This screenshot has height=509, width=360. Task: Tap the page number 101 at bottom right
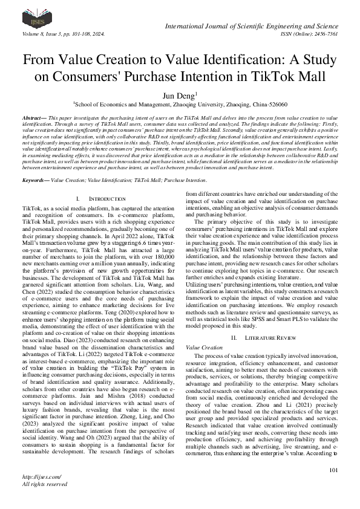tap(332, 487)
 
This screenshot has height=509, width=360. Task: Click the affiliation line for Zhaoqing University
tap(180, 104)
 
